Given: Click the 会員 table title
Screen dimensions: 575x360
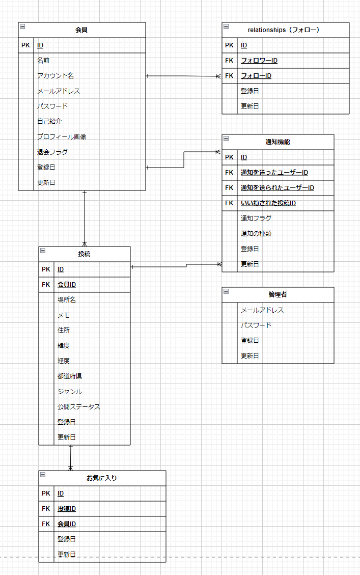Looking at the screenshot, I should (x=81, y=30).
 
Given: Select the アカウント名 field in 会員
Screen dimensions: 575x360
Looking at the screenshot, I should (x=56, y=76).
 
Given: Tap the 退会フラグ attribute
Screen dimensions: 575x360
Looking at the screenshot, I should (x=52, y=152).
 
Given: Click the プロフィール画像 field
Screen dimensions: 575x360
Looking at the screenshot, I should (x=62, y=137).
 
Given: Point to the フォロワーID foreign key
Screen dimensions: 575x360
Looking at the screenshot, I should (x=259, y=61).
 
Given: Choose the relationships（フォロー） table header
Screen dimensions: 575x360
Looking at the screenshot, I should (x=283, y=30).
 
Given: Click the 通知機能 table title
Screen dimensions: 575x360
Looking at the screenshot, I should (x=278, y=142).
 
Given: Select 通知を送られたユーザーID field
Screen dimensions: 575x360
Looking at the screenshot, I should (x=277, y=188).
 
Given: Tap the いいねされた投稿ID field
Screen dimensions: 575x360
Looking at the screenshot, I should (x=268, y=203).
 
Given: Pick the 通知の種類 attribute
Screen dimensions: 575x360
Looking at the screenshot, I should (x=256, y=234).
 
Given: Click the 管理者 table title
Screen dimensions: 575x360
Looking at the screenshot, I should (x=278, y=295).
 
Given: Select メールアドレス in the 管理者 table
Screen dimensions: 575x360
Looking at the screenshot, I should (x=262, y=310).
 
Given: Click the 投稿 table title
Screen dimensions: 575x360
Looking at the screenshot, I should (x=85, y=254).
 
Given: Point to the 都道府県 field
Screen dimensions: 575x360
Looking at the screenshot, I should (x=70, y=376).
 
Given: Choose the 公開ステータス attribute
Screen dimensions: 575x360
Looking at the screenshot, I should (x=79, y=407).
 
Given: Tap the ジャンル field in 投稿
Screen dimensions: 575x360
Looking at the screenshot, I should (x=70, y=392).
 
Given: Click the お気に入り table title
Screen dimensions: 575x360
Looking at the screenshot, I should (x=102, y=478).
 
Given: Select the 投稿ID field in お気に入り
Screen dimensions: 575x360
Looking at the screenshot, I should (x=67, y=509).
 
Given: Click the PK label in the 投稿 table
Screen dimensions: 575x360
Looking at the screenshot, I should (x=46, y=269).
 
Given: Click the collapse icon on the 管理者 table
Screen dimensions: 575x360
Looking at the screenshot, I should (x=226, y=291).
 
